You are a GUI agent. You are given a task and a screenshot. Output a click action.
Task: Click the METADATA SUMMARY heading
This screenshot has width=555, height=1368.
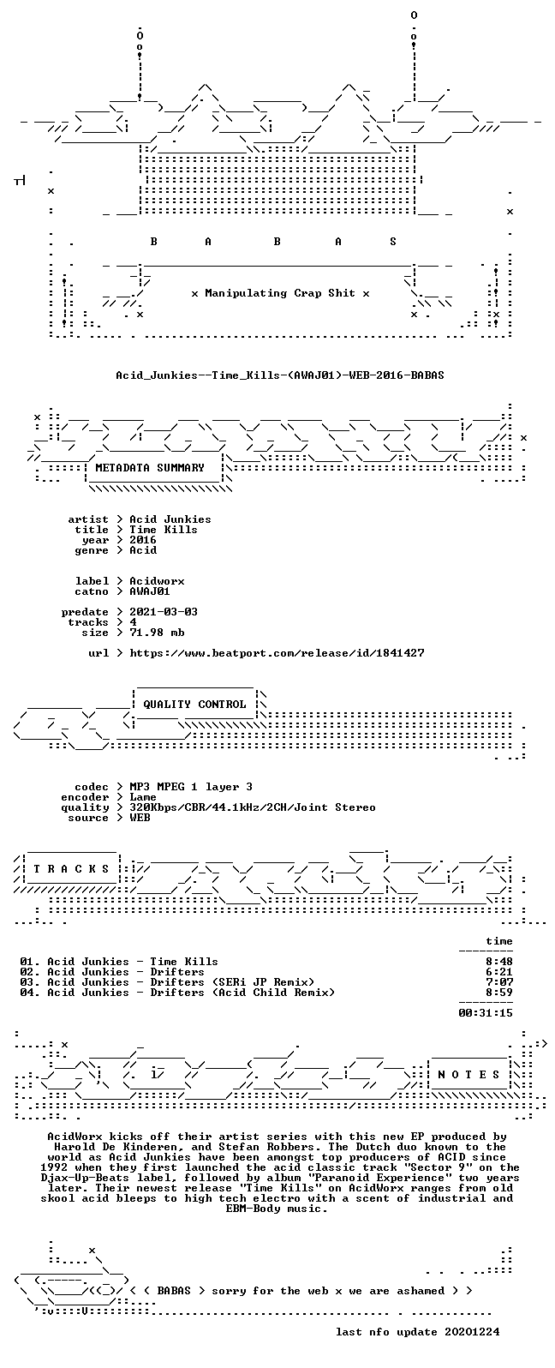point(150,468)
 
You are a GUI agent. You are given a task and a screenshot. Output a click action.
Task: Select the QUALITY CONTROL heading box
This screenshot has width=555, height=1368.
point(194,704)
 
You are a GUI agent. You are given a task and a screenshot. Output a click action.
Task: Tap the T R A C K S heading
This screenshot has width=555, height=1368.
point(71,868)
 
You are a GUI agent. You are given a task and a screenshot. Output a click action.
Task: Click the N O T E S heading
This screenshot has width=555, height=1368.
point(468,1074)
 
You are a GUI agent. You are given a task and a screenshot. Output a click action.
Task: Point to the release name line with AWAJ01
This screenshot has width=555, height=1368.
point(279,375)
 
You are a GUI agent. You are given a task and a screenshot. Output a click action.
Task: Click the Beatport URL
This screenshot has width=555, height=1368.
point(277,653)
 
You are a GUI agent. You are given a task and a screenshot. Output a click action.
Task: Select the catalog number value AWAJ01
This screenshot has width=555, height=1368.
point(150,591)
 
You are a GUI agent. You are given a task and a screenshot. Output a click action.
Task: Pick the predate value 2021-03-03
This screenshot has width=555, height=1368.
point(164,612)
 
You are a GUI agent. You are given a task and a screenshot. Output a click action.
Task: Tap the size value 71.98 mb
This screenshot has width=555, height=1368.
point(157,633)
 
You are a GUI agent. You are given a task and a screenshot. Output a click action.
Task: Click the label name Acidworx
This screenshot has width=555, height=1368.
point(157,581)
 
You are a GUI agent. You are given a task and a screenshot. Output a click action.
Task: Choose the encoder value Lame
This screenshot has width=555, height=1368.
point(143,797)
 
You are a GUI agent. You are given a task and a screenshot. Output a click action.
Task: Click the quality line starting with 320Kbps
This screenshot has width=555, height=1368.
point(252,807)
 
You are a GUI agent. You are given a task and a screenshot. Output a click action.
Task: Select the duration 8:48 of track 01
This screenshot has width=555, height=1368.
point(498,962)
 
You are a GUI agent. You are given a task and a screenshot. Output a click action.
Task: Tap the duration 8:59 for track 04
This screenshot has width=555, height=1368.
point(498,993)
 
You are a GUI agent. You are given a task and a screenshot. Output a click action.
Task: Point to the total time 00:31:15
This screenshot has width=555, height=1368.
point(486,1013)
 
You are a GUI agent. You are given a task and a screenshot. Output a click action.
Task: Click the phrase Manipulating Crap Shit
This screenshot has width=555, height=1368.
point(279,293)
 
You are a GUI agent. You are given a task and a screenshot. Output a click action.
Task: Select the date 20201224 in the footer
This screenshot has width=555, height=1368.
point(472,1332)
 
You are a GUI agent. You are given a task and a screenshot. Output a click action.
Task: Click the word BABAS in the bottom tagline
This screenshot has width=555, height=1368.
point(174,1291)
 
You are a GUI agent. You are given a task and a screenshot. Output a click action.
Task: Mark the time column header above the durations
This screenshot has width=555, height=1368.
point(498,941)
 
